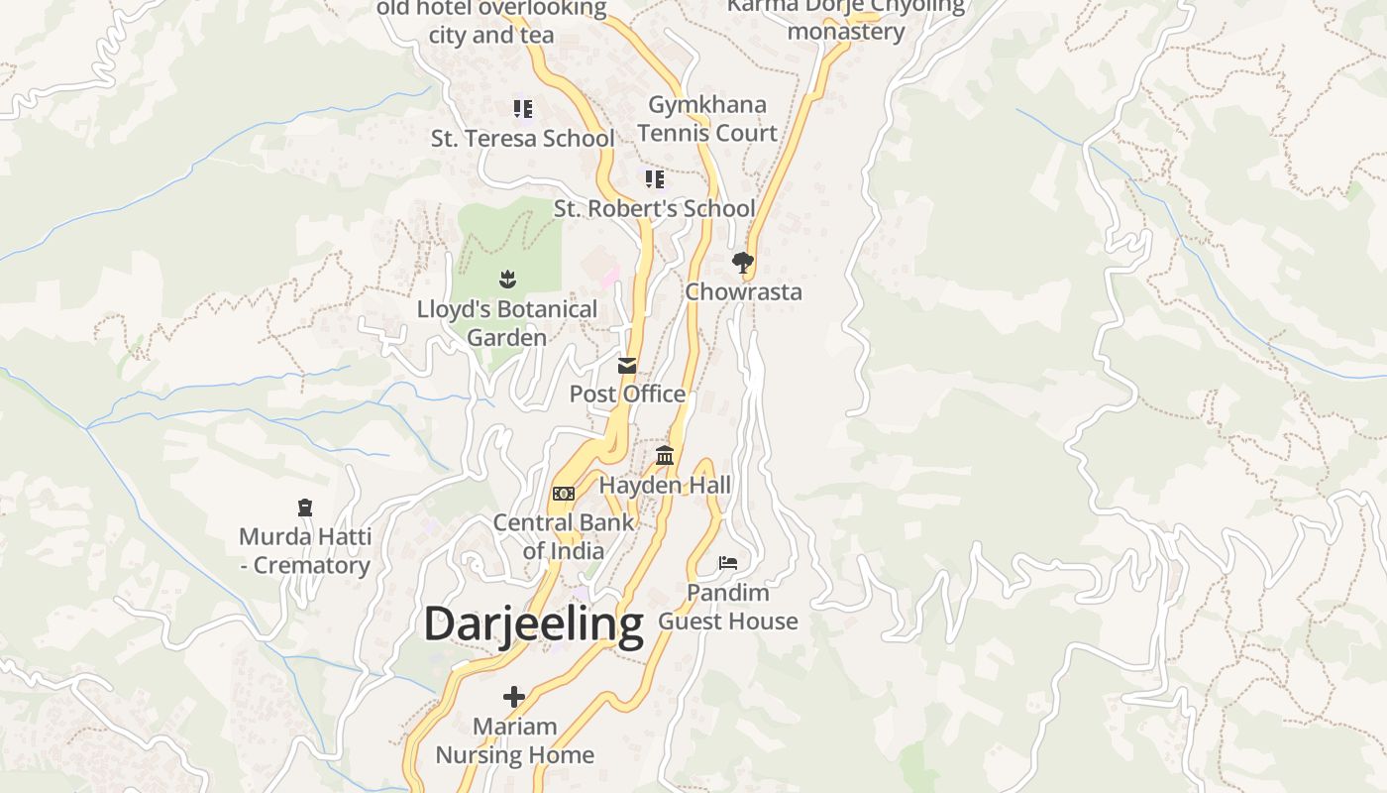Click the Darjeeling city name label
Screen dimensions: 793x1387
click(533, 624)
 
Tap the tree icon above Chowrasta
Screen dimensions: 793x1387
click(742, 263)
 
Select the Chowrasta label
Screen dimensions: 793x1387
click(743, 291)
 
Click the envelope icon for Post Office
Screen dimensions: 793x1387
click(627, 366)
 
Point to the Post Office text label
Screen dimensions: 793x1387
click(627, 394)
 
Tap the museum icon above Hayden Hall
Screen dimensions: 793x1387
click(665, 456)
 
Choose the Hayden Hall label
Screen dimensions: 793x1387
click(665, 485)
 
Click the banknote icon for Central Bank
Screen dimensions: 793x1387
click(563, 494)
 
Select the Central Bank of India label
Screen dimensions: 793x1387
click(564, 536)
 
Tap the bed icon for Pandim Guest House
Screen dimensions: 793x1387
click(728, 563)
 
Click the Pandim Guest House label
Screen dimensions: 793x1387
click(728, 607)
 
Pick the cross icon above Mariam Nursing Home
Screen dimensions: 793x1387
click(514, 697)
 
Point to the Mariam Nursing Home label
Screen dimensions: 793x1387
click(515, 740)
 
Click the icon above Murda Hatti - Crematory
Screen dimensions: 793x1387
click(305, 509)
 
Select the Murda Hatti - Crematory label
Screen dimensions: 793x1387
click(305, 551)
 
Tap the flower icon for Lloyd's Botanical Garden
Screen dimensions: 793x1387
click(507, 280)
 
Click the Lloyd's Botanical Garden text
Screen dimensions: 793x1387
click(507, 323)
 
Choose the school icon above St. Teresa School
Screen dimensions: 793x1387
click(522, 109)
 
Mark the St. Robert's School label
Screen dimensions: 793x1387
click(654, 208)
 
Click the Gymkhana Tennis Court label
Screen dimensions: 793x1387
click(706, 118)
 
